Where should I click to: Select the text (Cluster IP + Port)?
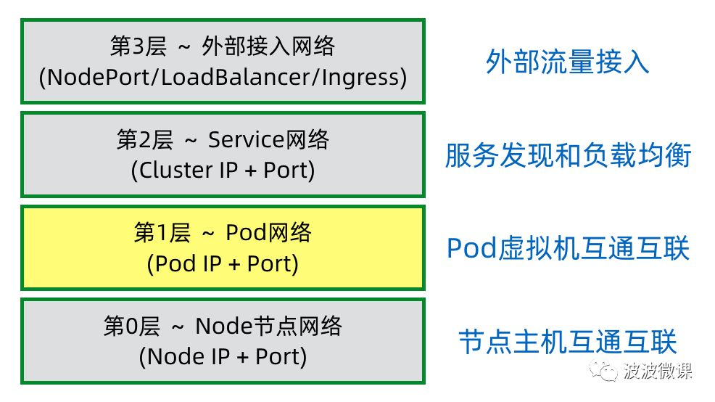(x=223, y=170)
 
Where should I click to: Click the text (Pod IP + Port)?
(x=223, y=263)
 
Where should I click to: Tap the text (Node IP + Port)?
(x=223, y=357)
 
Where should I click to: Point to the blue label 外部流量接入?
(x=567, y=62)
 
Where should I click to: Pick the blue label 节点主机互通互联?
(x=567, y=342)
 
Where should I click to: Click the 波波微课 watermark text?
(x=658, y=372)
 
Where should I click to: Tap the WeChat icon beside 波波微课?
(x=604, y=372)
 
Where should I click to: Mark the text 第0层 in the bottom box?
(x=128, y=327)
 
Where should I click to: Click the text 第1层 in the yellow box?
(x=161, y=233)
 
